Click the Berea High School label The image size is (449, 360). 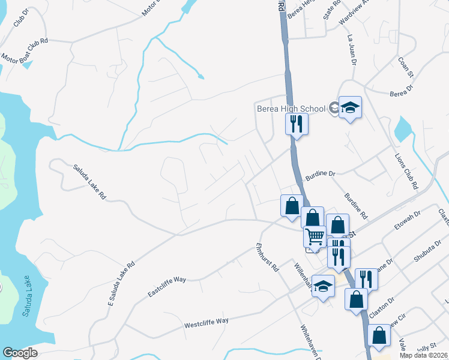point(291,109)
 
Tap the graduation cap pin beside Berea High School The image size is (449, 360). point(350,108)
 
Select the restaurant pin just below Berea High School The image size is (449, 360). point(296,124)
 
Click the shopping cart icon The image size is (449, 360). point(315,238)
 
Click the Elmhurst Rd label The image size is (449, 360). point(268,257)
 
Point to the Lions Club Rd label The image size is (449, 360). point(405,170)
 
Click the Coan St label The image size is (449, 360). point(406,68)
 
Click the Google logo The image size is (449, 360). point(20,352)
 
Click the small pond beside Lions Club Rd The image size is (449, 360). point(402,128)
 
